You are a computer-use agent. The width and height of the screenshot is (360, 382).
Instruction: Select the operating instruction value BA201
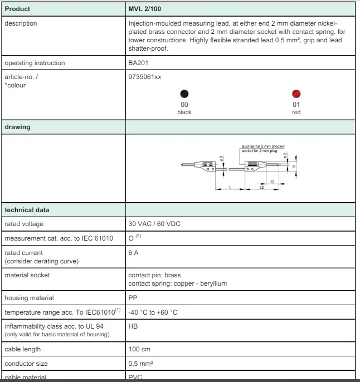click(138, 63)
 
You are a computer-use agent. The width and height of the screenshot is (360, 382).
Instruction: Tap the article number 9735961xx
click(145, 77)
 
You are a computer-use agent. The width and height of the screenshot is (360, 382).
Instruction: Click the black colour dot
click(184, 94)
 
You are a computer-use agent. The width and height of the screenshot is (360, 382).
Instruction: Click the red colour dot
click(296, 94)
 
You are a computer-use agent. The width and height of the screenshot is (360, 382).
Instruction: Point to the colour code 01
click(296, 105)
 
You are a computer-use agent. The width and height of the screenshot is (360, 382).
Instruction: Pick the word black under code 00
click(184, 112)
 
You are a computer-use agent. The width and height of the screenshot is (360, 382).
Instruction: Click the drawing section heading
click(18, 127)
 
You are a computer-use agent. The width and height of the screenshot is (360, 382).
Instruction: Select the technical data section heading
click(27, 210)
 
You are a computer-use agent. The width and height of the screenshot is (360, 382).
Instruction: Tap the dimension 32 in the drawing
click(261, 188)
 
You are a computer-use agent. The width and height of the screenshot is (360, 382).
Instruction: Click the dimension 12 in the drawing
click(271, 182)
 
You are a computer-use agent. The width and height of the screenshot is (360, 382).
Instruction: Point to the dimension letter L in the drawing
click(230, 188)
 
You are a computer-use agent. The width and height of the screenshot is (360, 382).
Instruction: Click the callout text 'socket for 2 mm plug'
click(260, 150)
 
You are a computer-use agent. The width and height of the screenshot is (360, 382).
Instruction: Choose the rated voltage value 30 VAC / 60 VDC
click(154, 224)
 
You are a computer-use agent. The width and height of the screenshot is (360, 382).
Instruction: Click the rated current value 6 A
click(134, 253)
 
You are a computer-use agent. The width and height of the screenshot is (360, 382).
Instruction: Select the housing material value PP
click(133, 298)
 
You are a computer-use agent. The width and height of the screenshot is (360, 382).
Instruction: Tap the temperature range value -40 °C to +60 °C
click(153, 312)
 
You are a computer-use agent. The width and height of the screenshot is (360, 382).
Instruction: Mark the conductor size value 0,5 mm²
click(141, 364)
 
